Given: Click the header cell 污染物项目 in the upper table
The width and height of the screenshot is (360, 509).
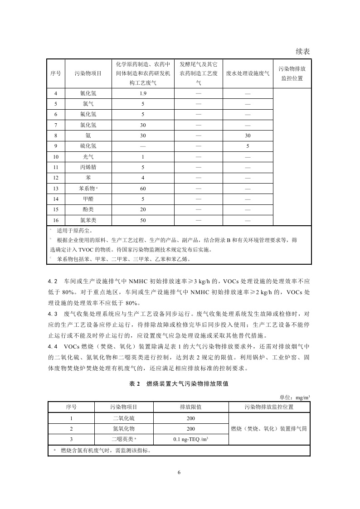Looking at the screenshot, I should coord(88,73).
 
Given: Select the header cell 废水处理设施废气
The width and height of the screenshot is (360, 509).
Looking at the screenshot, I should coord(248,73).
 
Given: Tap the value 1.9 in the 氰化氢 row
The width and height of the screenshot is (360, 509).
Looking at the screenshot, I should coord(142,93).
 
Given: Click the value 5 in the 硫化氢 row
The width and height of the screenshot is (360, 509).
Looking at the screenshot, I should coord(248,146).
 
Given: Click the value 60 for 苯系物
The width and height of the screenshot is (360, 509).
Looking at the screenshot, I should coord(142,189).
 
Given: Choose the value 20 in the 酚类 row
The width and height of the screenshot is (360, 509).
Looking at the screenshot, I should coord(142,209).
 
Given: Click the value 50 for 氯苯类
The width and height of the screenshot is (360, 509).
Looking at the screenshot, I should coord(142,220).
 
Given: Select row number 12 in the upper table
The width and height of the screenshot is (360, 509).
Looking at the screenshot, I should coord(56,178).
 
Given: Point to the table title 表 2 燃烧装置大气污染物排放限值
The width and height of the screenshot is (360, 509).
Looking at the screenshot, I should coord(179,383).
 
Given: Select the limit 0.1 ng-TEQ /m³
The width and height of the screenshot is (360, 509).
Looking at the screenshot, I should coord(190,439).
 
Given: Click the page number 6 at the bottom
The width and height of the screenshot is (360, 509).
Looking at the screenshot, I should coord(179,472).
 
